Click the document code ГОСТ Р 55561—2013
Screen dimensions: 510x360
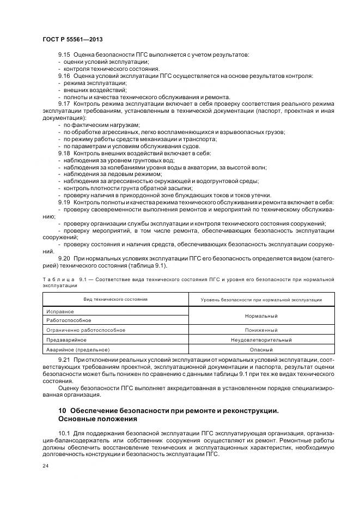coord(72,40)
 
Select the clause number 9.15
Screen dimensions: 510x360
coord(64,56)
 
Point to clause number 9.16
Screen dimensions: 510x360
coord(64,76)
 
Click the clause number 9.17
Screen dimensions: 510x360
coord(64,103)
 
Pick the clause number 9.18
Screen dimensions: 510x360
coord(64,154)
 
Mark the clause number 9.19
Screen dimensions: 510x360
coord(64,202)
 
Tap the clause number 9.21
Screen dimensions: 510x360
coord(64,361)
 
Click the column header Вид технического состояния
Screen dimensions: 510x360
coord(115,299)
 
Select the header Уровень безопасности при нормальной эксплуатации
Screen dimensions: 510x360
coord(261,300)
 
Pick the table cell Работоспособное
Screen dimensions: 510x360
coord(69,320)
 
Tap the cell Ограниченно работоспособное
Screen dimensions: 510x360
coord(86,330)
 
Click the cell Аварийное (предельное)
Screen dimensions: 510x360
coord(78,349)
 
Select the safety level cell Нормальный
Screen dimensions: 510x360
coord(261,315)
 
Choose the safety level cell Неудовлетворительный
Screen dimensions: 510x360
coord(261,339)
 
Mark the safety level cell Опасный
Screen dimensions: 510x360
coord(261,349)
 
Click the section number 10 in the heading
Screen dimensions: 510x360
coord(62,409)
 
